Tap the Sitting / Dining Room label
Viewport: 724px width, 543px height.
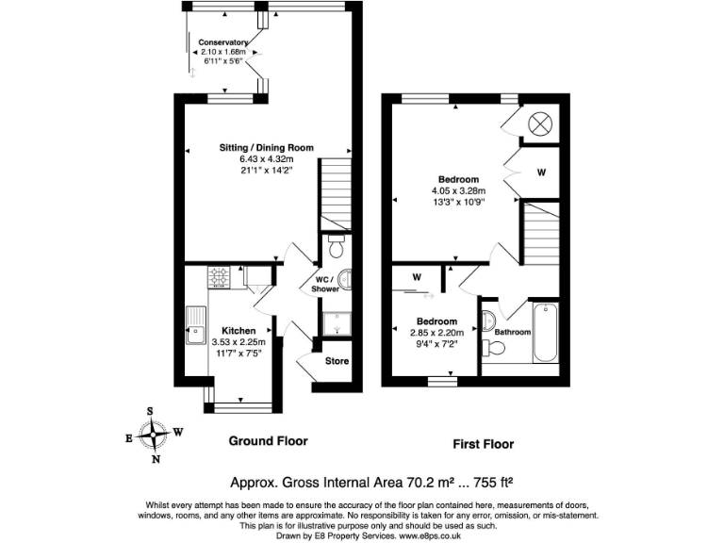click(x=266, y=148)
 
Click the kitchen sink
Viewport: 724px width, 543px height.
click(x=196, y=326)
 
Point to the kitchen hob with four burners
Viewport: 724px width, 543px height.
click(x=219, y=277)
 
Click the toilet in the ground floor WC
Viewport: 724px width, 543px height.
click(x=337, y=244)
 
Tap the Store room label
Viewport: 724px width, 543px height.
click(x=337, y=359)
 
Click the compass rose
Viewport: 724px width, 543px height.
click(x=153, y=436)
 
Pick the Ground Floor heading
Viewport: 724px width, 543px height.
click(x=268, y=441)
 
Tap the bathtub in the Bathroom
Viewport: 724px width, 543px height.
click(x=547, y=332)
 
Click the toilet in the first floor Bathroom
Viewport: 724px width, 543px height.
click(x=493, y=348)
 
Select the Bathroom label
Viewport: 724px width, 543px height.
click(x=511, y=332)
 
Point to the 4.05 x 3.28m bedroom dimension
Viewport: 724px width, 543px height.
click(x=458, y=190)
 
